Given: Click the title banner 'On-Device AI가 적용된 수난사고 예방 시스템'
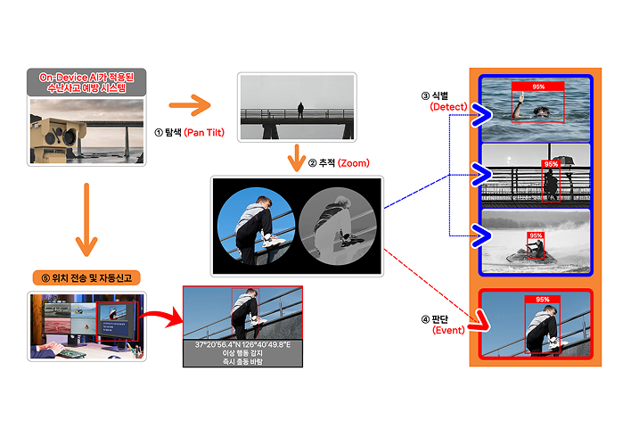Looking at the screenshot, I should coord(86,83).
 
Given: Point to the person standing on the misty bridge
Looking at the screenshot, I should coord(300,111).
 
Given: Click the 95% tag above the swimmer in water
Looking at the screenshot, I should coord(537,87).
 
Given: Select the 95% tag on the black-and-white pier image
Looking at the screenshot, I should coord(551,164).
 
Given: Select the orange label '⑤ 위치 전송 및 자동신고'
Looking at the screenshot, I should coord(86,278).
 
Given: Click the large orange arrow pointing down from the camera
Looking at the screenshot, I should coord(86,219).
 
